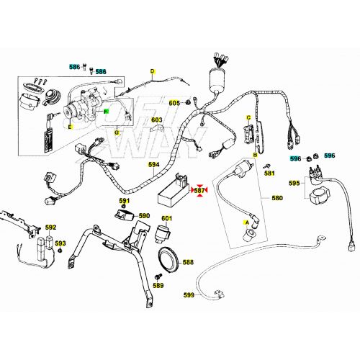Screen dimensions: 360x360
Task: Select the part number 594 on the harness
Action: (x=154, y=164)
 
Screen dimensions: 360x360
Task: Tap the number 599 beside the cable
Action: (x=189, y=295)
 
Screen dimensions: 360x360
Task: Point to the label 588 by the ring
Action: (x=188, y=262)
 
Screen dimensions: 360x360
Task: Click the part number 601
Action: (x=166, y=218)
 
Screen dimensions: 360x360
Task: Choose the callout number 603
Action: (x=156, y=120)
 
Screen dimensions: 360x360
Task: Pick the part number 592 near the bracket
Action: (x=50, y=228)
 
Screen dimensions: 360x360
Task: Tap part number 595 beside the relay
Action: (x=294, y=184)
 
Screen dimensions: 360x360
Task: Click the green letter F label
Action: (x=106, y=112)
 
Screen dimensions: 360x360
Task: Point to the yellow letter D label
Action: (x=153, y=71)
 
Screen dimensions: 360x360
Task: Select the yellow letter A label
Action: (x=248, y=223)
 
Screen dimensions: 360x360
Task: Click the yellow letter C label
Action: (x=248, y=117)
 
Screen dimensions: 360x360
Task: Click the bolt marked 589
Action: (x=158, y=277)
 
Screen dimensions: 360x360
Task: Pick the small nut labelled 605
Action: (x=188, y=103)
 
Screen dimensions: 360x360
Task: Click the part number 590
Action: (x=144, y=215)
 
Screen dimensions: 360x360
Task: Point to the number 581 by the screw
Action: (x=269, y=174)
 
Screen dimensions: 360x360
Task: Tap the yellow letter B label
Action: (x=254, y=156)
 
